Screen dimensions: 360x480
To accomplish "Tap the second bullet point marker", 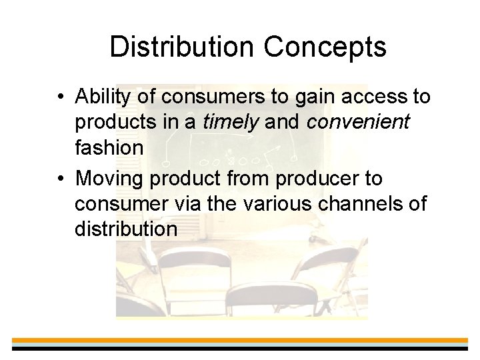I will click(60, 179).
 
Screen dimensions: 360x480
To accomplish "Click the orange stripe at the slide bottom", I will click(240, 341).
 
